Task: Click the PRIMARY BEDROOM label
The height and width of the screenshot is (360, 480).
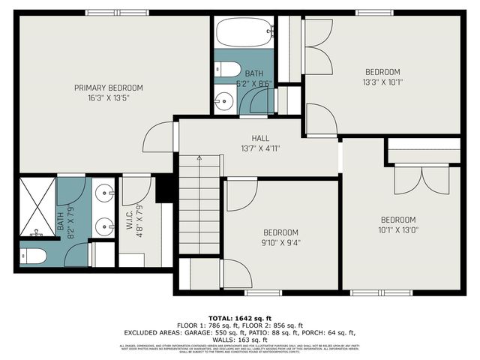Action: point(108,88)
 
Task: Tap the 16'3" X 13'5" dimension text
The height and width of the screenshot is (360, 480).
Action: point(108,97)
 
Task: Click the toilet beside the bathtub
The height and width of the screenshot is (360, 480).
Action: point(226,68)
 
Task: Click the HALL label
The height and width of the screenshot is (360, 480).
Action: point(259,138)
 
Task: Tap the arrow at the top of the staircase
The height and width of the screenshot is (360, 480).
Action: point(199,158)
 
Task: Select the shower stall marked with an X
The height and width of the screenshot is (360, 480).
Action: point(37,205)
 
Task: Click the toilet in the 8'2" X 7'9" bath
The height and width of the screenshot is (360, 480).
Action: point(34,256)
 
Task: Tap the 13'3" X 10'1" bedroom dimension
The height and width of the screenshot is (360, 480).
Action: point(382,82)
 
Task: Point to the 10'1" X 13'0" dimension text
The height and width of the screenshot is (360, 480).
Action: point(397,229)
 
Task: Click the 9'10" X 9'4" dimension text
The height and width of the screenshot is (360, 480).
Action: point(280,241)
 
